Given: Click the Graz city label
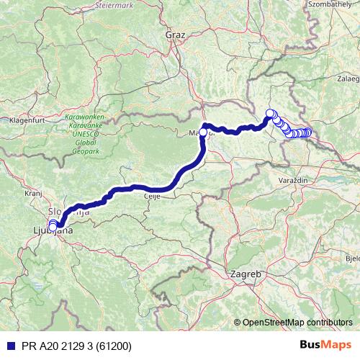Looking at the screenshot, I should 175,34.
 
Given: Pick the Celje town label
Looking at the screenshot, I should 151,198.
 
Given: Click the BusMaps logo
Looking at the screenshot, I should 325,345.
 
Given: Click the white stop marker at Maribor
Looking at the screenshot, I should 203,132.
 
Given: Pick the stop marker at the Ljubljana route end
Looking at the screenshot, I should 53,225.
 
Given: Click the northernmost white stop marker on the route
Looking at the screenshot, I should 271,112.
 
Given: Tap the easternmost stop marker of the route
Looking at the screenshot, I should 308,132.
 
